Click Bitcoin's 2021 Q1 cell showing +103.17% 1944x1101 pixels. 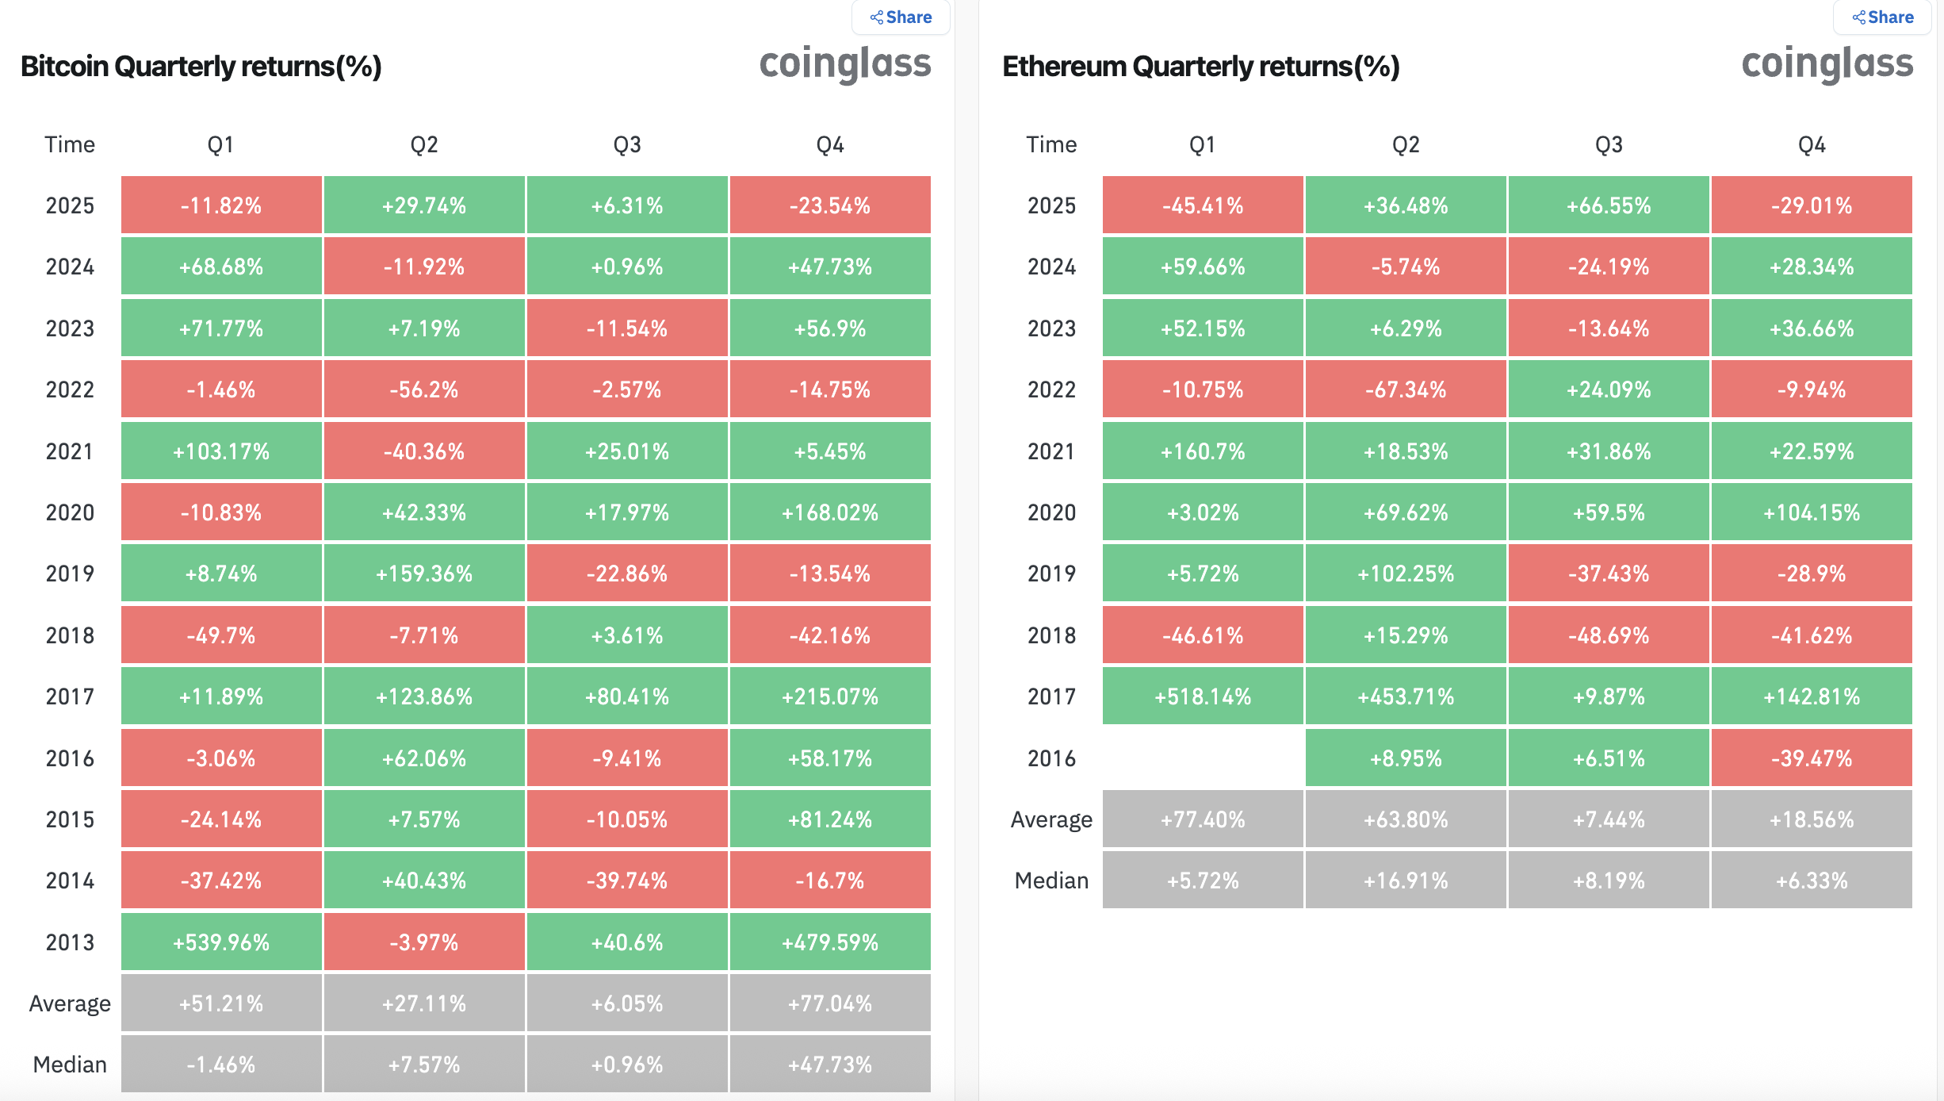point(221,451)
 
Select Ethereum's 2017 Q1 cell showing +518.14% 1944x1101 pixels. point(1203,696)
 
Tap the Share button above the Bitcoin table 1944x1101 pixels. point(901,17)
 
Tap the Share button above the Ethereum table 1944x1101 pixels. point(1882,17)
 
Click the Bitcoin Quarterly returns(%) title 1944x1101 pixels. point(201,67)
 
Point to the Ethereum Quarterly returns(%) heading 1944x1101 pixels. point(1201,67)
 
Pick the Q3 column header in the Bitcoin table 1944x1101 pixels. point(627,144)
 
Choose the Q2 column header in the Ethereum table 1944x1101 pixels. point(1406,144)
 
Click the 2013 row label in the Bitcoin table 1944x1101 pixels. point(70,942)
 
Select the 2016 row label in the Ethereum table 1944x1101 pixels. point(1051,758)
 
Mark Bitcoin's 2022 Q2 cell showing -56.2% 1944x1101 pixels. point(424,389)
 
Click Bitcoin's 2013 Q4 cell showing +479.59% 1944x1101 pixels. point(830,942)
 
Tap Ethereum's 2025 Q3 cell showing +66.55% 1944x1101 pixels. point(1609,205)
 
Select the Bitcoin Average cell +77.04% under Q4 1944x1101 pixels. point(830,1003)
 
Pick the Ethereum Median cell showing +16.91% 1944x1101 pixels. point(1406,880)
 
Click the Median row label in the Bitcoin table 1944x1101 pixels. point(70,1065)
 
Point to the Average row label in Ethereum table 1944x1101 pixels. point(1051,819)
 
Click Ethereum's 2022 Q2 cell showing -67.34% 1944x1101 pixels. point(1406,389)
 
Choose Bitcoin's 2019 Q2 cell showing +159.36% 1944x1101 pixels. point(424,574)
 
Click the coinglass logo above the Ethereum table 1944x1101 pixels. point(1827,63)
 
